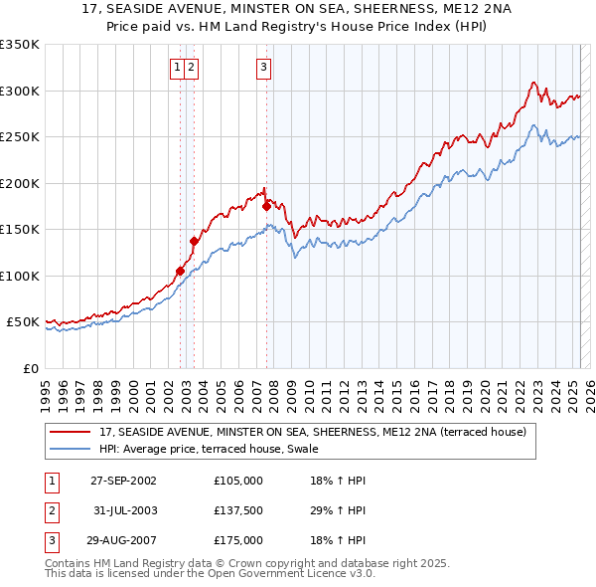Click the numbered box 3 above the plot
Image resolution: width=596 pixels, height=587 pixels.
[263, 68]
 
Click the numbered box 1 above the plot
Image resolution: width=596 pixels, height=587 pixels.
[177, 68]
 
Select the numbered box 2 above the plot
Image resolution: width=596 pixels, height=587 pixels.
[190, 68]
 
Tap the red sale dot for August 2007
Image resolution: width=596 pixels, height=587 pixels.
[267, 206]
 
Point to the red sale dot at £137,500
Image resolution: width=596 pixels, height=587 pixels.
[195, 240]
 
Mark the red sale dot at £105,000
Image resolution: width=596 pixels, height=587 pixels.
[180, 271]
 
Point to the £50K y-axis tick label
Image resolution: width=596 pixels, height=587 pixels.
[23, 322]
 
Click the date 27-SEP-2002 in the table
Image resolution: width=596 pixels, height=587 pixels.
[123, 481]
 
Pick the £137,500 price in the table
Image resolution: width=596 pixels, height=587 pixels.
[238, 510]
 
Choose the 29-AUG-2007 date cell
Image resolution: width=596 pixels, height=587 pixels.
[123, 540]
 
